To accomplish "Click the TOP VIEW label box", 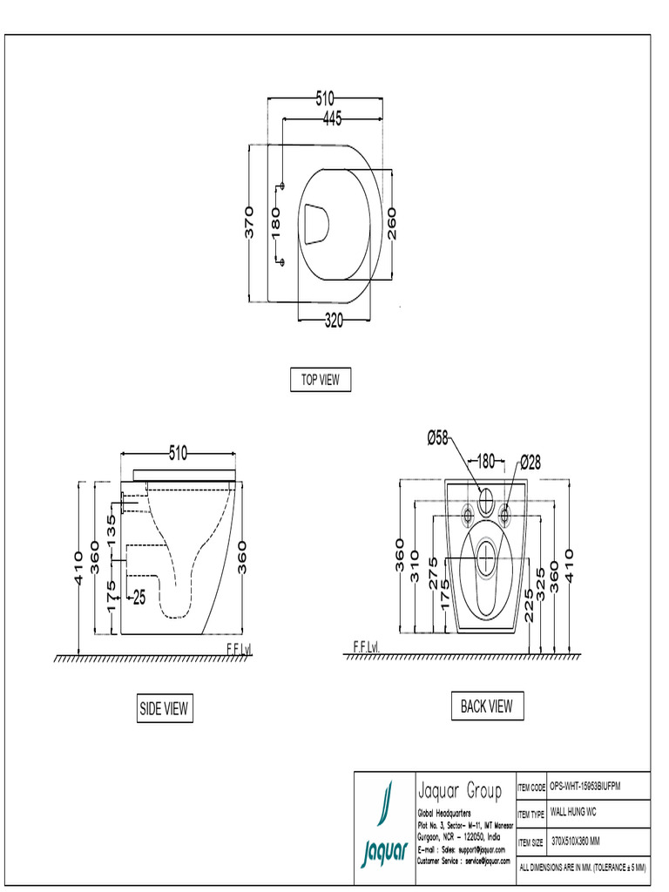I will (x=320, y=380).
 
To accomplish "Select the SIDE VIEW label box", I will (x=164, y=709).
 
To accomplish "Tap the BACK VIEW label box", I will (x=487, y=706).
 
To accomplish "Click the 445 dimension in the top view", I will (x=331, y=118).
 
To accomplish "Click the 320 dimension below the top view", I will (x=334, y=320).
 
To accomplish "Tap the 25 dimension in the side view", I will (x=139, y=598).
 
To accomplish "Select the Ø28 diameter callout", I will (x=530, y=461).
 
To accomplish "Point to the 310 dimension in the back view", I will (x=416, y=566).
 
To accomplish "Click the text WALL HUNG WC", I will (x=573, y=813).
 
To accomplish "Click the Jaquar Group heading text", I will (x=460, y=791).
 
